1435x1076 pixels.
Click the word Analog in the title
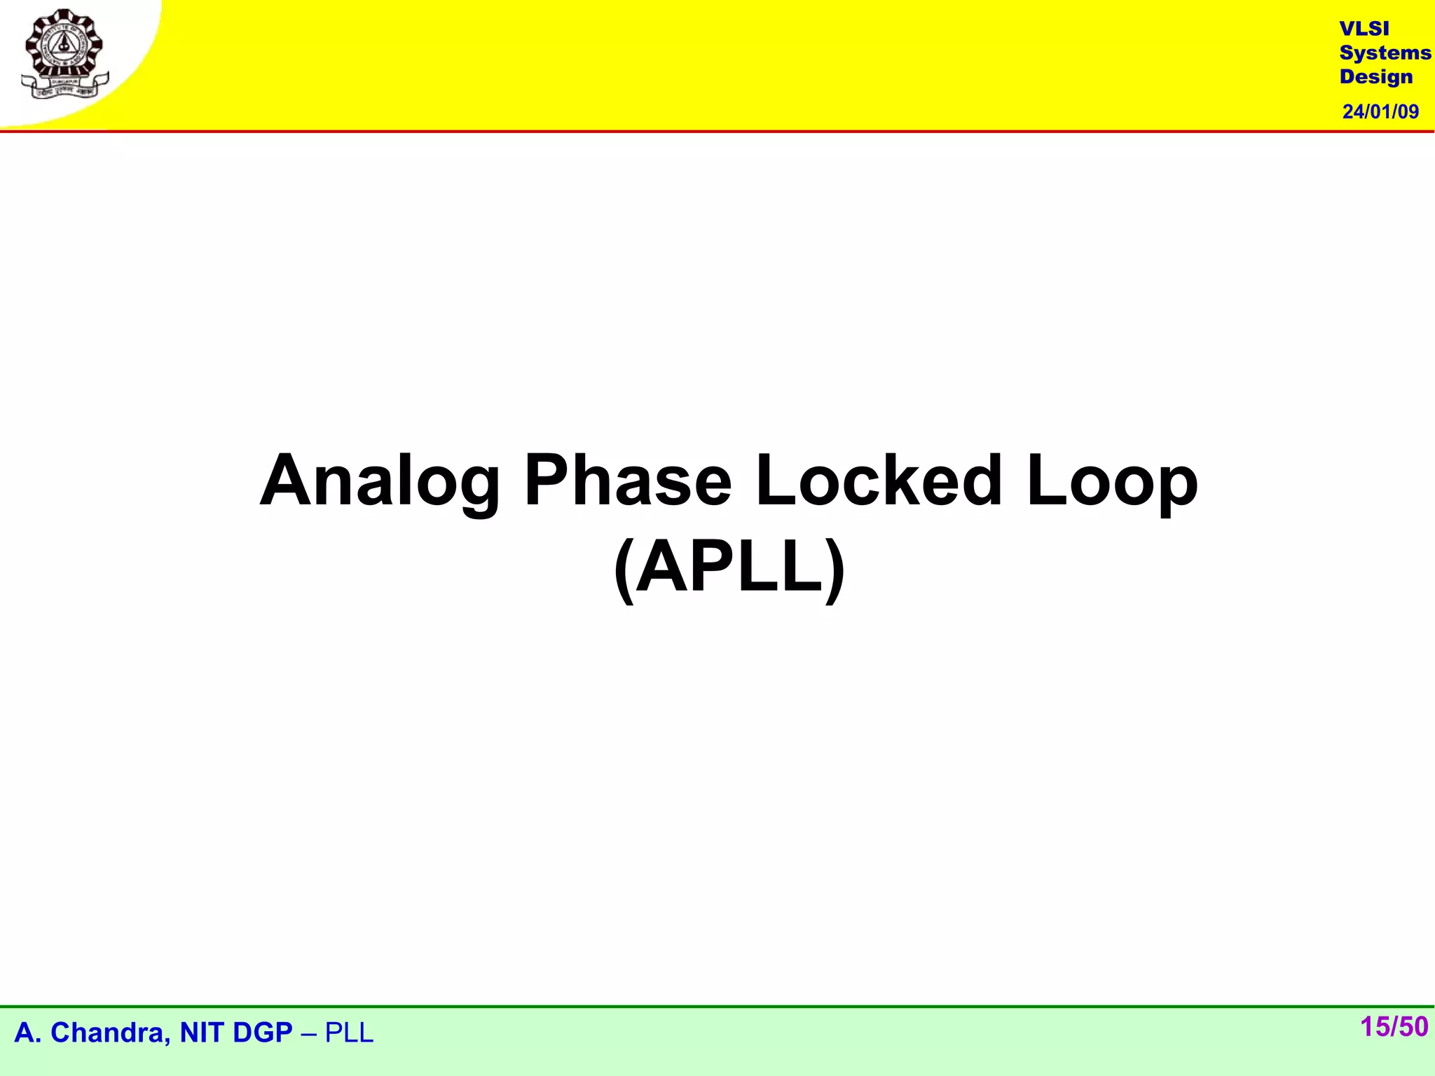coord(379,482)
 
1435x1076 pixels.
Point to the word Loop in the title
coord(1112,482)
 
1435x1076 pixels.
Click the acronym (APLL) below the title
coord(729,567)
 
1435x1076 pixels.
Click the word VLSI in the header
coord(1364,29)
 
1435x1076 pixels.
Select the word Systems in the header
coord(1385,53)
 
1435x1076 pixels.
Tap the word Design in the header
coord(1375,76)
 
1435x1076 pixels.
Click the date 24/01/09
coord(1380,111)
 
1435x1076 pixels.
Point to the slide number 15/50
coord(1394,1027)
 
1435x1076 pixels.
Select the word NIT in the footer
coord(200,1033)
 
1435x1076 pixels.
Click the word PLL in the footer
coord(349,1033)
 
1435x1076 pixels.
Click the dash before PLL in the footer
coord(309,1033)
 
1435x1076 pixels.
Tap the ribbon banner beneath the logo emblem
coord(65,88)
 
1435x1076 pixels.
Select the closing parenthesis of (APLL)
coord(835,568)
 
